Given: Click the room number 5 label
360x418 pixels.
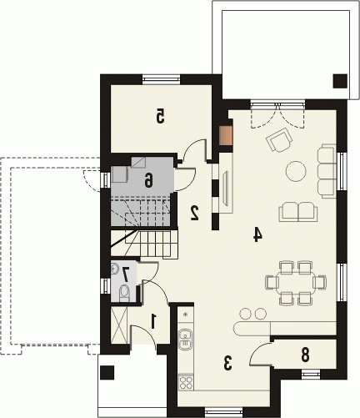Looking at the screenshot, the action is pos(160,116).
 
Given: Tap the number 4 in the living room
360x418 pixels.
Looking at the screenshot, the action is pos(257,234).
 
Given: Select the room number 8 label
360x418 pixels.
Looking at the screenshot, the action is pos(305,355).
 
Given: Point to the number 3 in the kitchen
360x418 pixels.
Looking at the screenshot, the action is pos(227,363).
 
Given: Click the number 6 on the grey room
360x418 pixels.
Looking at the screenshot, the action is pos(149,179).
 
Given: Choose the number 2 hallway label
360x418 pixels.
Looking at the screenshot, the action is pos(195,213).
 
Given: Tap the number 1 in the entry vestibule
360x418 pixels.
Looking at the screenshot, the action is pos(152,320).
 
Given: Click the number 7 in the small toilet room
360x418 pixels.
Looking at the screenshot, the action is pos(126,274).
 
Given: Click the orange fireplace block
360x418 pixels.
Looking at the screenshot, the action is pos(226,136).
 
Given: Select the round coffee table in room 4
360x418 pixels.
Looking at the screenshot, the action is pos(296,171).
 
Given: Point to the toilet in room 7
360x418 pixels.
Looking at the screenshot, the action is pos(124,294).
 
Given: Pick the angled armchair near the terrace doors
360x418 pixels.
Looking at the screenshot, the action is pos(279,139).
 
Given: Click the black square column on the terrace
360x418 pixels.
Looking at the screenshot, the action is pos(340,81).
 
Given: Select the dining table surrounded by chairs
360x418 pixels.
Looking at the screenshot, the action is pos(296,283).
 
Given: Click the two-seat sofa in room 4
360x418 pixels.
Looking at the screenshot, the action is pos(298,212).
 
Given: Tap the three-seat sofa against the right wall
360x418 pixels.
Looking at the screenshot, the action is pos(327,171).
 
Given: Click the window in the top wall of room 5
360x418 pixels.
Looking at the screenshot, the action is pos(161,79).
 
